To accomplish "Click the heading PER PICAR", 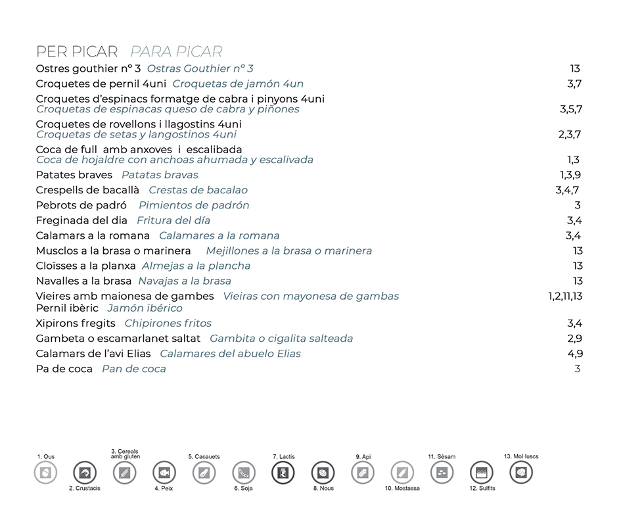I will (x=77, y=51).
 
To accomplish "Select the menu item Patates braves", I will (x=74, y=175).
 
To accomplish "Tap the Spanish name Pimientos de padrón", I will (x=194, y=205).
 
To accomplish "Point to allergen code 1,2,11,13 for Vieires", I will (x=565, y=296).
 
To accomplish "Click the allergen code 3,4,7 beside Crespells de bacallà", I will (x=567, y=190).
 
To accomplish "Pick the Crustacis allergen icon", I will (x=85, y=472).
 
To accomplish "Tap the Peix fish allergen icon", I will (x=164, y=472).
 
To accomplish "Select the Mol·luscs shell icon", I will (x=521, y=472).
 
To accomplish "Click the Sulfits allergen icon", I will (x=482, y=472).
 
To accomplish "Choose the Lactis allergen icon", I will (x=283, y=472).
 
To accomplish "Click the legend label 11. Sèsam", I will (x=442, y=456).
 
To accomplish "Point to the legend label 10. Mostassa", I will (x=402, y=489).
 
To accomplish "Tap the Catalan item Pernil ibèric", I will (x=67, y=308).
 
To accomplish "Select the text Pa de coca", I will (x=64, y=369).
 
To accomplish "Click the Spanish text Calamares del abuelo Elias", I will (x=231, y=354).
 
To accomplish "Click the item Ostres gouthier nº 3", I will (x=88, y=68).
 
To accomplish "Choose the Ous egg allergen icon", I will (x=45, y=472).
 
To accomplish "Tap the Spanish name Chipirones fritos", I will (x=168, y=323).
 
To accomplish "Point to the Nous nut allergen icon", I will (x=323, y=472).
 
